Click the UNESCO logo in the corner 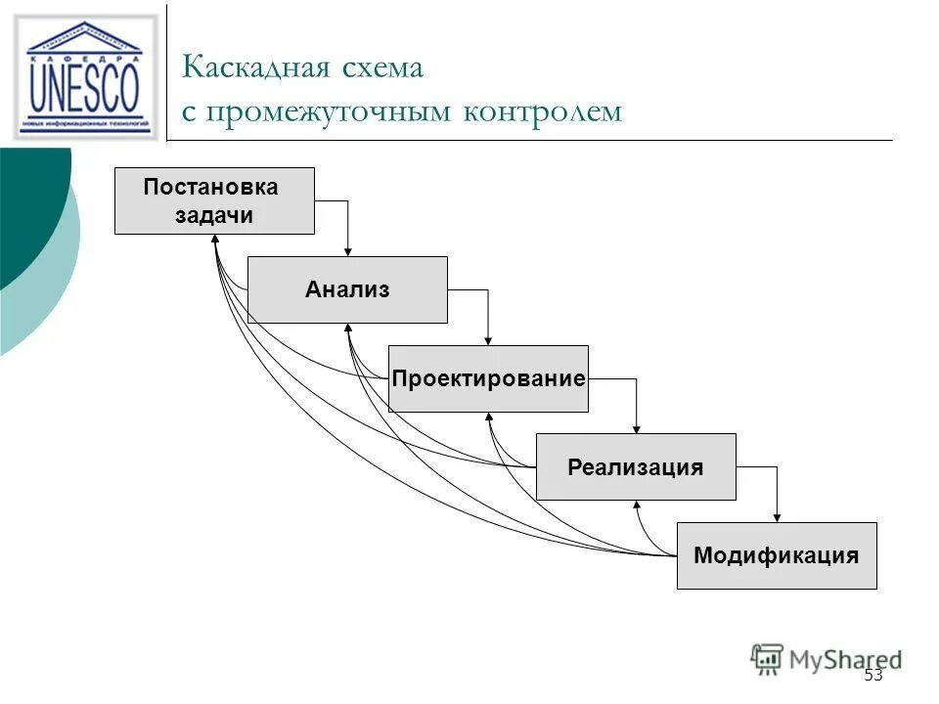(84, 77)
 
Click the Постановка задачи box (214, 200)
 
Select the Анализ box (347, 289)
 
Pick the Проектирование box (488, 378)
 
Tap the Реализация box (636, 466)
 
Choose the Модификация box (777, 555)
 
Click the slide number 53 (873, 676)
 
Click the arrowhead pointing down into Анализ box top (347, 251)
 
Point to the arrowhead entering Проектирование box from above (488, 340)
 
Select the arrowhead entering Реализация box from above (637, 428)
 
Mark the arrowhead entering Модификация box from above (778, 517)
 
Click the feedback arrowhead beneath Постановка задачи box (215, 241)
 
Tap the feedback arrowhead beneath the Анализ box (348, 330)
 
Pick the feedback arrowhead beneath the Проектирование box (489, 418)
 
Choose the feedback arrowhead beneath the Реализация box (637, 506)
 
